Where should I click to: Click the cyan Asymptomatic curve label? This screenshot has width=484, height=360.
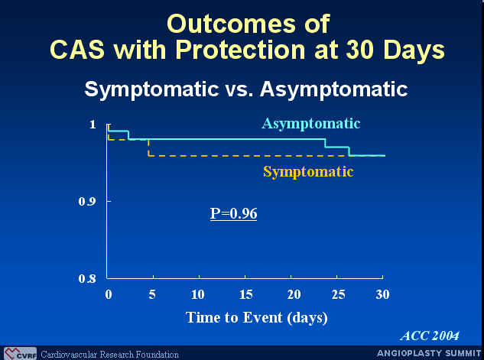311,125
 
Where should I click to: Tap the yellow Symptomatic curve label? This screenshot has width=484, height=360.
308,172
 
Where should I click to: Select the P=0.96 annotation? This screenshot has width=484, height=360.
233,213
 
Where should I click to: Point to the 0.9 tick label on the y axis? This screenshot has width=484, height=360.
86,202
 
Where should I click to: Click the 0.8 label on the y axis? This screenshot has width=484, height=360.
87,279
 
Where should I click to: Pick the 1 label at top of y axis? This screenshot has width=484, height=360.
93,125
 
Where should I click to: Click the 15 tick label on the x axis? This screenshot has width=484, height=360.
245,294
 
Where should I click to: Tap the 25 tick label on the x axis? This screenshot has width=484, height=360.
338,294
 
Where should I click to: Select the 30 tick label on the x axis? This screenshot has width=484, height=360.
382,294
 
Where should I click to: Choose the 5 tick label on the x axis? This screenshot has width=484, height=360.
152,294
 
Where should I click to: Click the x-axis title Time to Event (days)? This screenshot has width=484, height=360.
256,318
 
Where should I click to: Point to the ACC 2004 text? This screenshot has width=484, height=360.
430,336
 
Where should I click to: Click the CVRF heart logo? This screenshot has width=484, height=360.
20,354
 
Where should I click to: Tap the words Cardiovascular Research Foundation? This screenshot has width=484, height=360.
109,355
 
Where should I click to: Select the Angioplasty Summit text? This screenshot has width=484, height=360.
429,353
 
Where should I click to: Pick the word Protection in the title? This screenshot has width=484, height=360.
241,50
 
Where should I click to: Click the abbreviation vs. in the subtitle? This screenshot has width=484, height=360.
239,89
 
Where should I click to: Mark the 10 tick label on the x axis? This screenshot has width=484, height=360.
197,294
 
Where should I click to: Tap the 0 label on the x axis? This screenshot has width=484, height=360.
109,294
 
